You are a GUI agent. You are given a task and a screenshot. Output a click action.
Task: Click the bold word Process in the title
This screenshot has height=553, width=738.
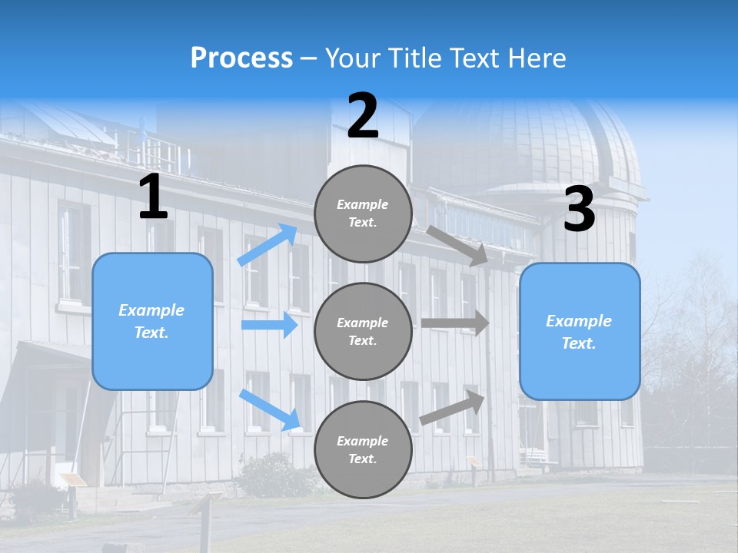click(241, 58)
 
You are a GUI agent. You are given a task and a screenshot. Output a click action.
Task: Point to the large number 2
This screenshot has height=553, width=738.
click(363, 117)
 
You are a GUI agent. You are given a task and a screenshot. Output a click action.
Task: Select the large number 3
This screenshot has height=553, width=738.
click(579, 210)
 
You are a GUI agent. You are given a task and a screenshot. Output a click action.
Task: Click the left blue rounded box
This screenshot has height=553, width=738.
click(152, 321)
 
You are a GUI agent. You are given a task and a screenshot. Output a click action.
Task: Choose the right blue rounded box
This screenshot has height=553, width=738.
click(580, 332)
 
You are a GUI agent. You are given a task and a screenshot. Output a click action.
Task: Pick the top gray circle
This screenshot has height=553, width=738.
click(363, 214)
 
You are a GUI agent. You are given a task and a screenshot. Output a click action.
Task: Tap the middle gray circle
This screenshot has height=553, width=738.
click(363, 331)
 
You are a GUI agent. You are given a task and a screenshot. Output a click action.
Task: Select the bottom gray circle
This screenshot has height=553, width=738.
click(363, 449)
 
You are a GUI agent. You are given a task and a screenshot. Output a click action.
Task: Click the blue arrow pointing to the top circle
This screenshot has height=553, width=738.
click(268, 245)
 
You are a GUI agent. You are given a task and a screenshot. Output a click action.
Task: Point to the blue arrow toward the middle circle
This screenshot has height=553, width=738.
click(269, 325)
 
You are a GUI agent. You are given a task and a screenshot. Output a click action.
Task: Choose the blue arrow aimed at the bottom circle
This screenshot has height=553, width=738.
click(270, 409)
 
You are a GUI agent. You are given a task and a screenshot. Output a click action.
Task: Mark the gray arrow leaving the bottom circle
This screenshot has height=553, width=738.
click(453, 407)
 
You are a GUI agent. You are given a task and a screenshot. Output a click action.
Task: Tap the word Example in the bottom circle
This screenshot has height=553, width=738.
click(363, 441)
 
